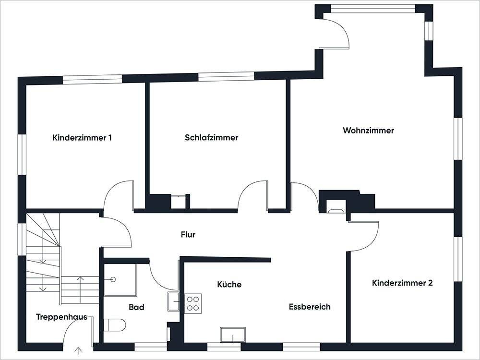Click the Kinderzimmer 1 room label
pos(82,138)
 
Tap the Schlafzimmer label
pos(211,138)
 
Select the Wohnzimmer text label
pos(368,130)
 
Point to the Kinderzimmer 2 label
pos(402,283)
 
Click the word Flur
pos(188,235)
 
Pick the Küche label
pos(229,284)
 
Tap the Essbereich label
pos(310,307)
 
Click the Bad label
pos(136,307)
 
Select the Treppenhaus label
pos(61,317)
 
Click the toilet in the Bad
pos(115,325)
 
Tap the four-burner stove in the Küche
pos(193,303)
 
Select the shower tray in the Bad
pos(120,279)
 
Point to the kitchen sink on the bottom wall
pos(233,335)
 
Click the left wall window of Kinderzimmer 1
pos(22,154)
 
